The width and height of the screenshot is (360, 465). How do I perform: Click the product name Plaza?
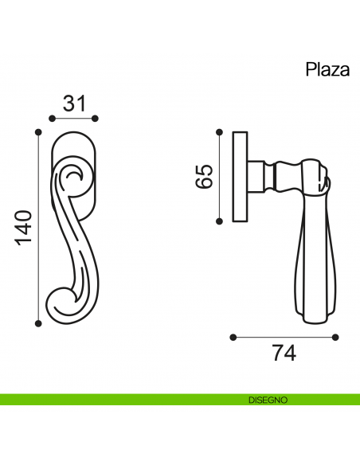coord(327,69)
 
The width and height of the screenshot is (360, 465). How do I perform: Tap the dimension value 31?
coord(73,103)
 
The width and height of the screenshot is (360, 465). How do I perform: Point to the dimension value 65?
coord(204,176)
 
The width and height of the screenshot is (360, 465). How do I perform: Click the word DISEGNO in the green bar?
coord(267,399)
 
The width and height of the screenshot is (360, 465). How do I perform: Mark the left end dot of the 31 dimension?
coord(51,119)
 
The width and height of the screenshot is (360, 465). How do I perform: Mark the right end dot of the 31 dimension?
coord(96,119)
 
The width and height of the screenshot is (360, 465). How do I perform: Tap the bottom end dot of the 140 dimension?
coord(37,322)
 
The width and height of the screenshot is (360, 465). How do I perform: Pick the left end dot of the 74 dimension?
coord(233,337)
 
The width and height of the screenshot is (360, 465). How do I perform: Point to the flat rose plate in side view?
coord(239,176)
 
